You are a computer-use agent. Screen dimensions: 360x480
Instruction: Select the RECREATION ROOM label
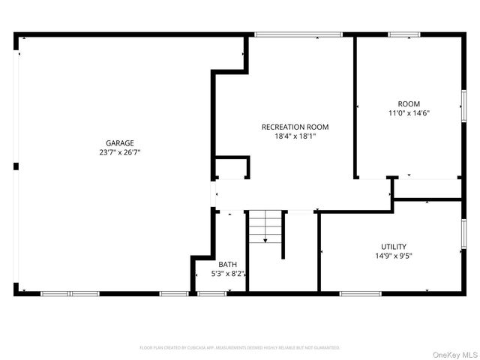(x=295, y=127)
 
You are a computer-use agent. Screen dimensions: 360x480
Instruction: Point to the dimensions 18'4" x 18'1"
(x=295, y=136)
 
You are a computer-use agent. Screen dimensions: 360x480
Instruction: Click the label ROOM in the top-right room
(x=409, y=103)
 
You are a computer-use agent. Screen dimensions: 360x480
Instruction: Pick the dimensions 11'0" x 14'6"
(x=409, y=113)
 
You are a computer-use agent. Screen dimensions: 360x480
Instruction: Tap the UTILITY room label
(x=394, y=246)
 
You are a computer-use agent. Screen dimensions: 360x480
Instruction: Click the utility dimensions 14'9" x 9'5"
(x=394, y=256)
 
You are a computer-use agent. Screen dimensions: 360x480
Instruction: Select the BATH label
(x=227, y=264)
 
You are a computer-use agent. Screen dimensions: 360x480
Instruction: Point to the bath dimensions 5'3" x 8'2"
(x=227, y=274)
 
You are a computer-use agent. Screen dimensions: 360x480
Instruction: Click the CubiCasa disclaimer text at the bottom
(x=240, y=348)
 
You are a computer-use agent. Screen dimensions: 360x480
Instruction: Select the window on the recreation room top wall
(x=298, y=34)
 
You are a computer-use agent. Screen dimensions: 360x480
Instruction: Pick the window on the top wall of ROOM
(x=404, y=34)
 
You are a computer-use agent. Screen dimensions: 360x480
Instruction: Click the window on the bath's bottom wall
(x=212, y=293)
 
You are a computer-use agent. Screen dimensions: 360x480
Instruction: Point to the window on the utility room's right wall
(x=463, y=233)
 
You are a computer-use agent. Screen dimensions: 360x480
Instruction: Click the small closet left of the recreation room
(x=231, y=168)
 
